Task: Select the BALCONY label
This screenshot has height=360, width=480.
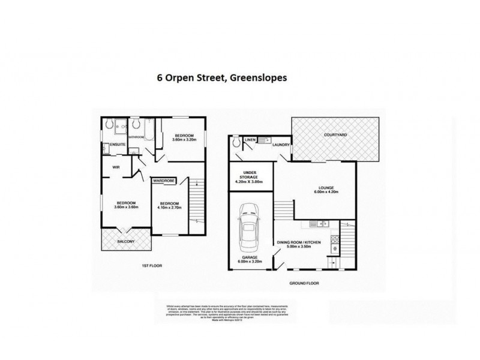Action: tap(125, 241)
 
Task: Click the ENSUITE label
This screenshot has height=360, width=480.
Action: tap(118, 145)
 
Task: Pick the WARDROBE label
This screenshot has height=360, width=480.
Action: tap(164, 179)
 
